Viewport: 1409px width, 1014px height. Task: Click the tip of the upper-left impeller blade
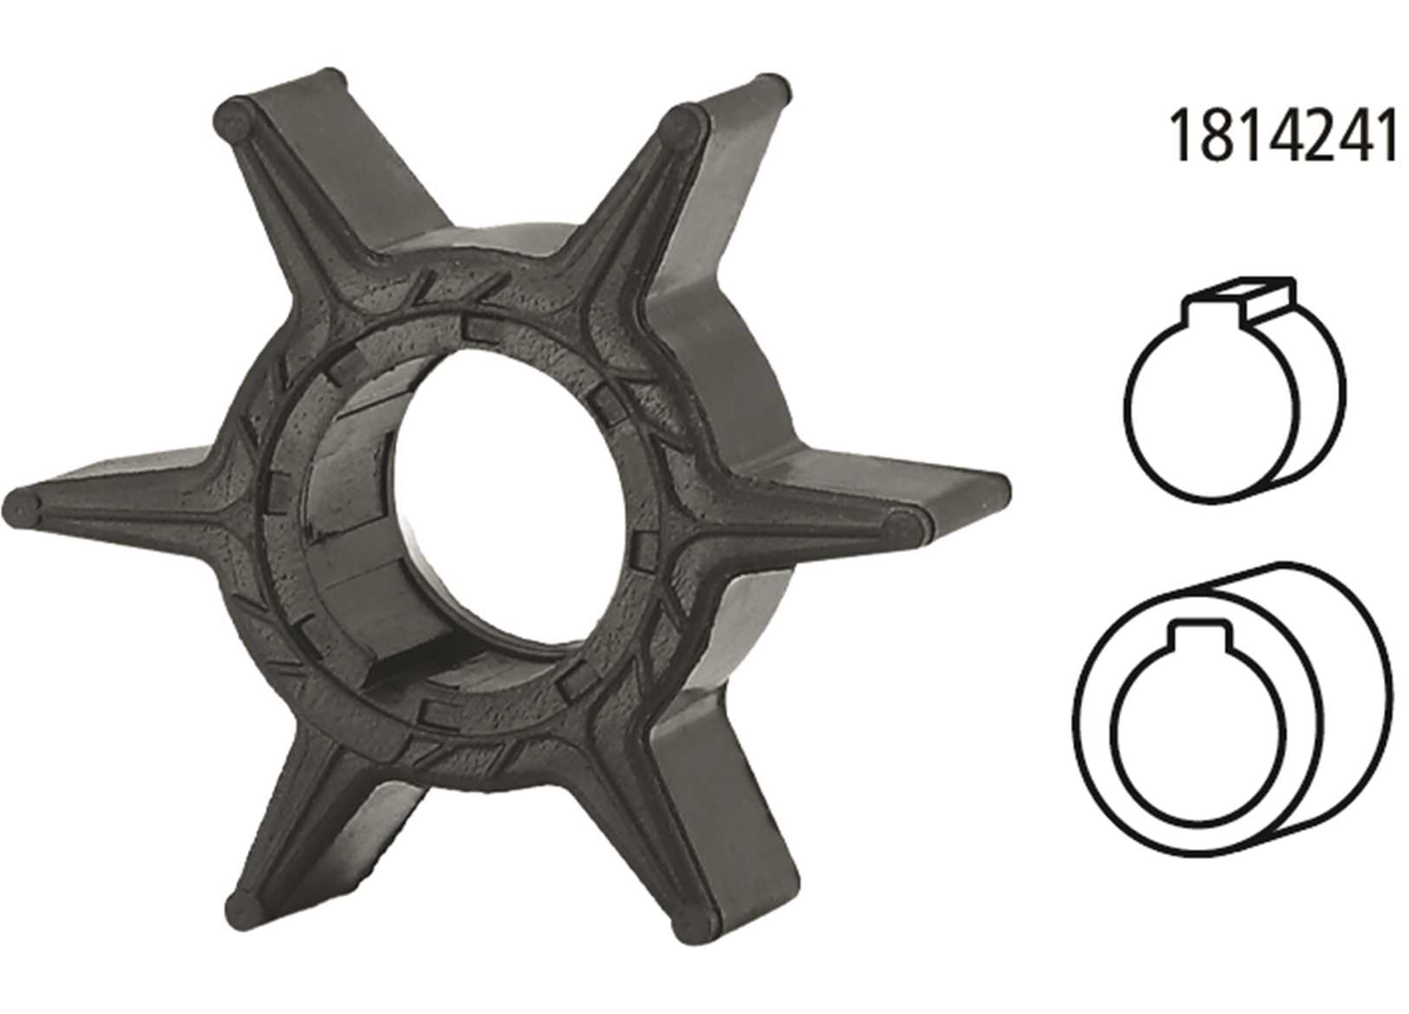[x=232, y=122]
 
